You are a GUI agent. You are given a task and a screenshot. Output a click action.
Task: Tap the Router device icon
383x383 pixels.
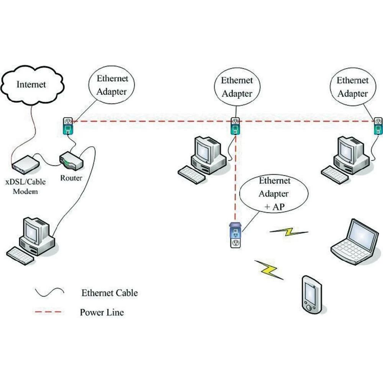[x=71, y=161]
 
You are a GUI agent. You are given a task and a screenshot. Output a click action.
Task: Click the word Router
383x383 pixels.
[x=71, y=178]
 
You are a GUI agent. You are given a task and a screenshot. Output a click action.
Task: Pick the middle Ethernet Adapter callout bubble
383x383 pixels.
[x=237, y=87]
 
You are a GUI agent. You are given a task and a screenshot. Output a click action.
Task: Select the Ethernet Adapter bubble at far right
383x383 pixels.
[x=352, y=87]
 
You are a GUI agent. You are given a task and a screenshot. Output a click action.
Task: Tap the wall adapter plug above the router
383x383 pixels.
[x=68, y=126]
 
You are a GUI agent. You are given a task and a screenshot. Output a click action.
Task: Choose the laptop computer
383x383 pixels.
[x=355, y=242]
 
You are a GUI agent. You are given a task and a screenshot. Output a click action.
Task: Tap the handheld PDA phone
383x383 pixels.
[x=311, y=294]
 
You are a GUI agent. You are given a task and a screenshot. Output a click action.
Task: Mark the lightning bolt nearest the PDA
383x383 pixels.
[x=269, y=268]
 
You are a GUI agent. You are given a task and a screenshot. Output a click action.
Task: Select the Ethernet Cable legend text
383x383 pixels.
[x=109, y=293]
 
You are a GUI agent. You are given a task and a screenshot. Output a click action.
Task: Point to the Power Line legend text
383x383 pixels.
[x=101, y=312]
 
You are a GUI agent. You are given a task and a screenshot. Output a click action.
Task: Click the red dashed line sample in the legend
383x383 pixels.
[x=48, y=313]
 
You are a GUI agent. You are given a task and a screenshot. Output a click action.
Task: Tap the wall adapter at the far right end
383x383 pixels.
[x=378, y=127]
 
